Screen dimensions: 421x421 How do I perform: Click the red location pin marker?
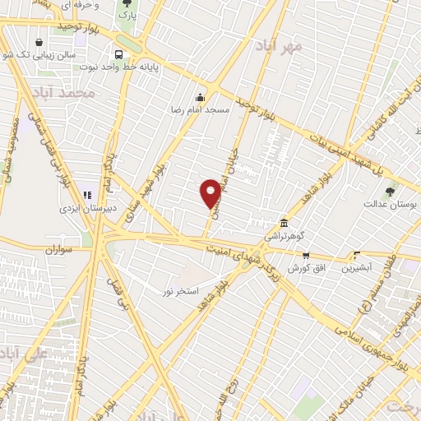[x=210, y=193]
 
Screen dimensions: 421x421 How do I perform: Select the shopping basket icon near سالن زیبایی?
[x=39, y=43]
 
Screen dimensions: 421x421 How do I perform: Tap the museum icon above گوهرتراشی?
[x=284, y=224]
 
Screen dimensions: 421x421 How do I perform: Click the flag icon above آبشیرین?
[x=355, y=255]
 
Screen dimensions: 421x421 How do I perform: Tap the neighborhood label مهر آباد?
[x=280, y=45]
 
